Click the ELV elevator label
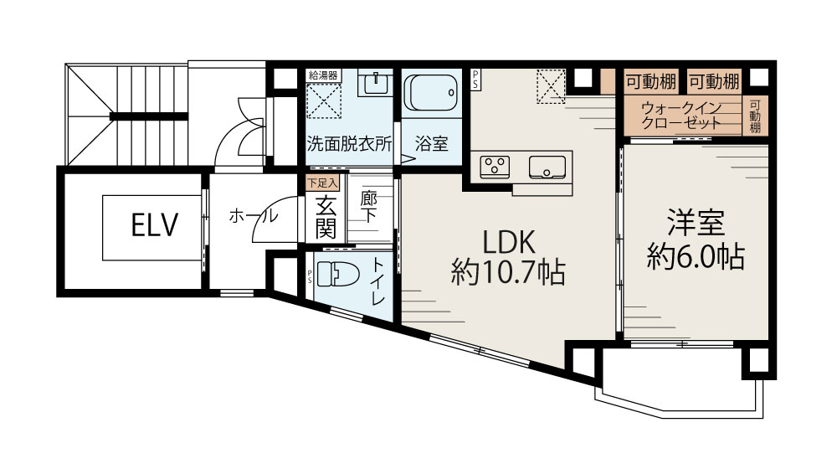click(155, 224)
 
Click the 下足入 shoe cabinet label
click(321, 182)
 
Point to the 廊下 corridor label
click(368, 208)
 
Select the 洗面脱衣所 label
click(349, 143)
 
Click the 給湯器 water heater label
click(324, 75)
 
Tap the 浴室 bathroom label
click(431, 143)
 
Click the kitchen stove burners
click(494, 166)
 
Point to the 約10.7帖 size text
click(507, 272)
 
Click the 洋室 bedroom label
click(696, 224)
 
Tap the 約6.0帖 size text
click(696, 256)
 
